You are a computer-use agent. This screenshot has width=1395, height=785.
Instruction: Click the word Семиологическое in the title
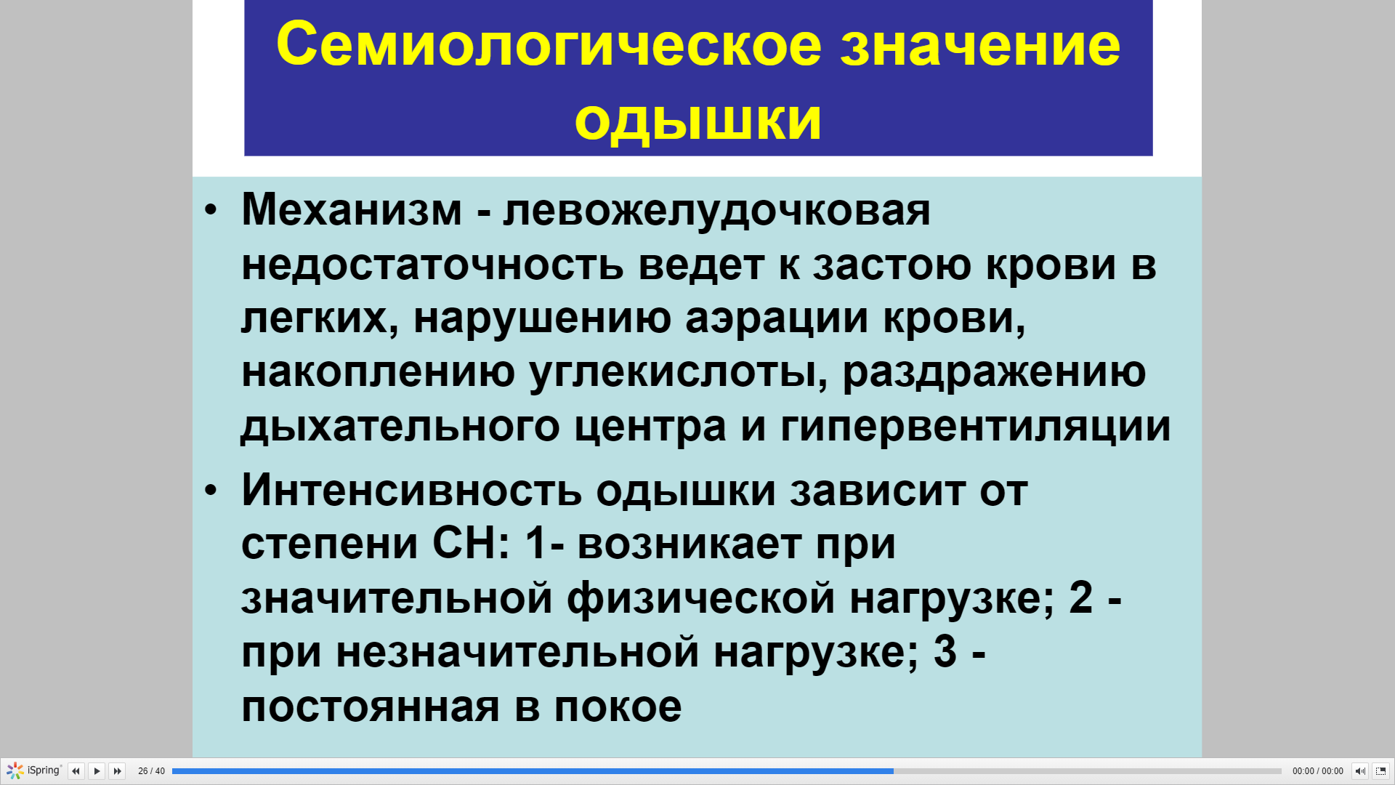pyautogui.click(x=549, y=45)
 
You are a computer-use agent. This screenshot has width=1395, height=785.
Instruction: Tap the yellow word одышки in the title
pyautogui.click(x=697, y=120)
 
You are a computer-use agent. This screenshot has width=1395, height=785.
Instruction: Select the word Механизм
pyautogui.click(x=352, y=210)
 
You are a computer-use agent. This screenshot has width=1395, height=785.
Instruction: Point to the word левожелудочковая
pyautogui.click(x=716, y=212)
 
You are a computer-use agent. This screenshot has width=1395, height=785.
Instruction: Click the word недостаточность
pyautogui.click(x=432, y=265)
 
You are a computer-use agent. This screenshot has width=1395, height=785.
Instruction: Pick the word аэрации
pyautogui.click(x=777, y=319)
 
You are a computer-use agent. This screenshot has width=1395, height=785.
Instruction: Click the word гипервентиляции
pyautogui.click(x=975, y=427)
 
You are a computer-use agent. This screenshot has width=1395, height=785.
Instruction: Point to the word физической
pyautogui.click(x=701, y=598)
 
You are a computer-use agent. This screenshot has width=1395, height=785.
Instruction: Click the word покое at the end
pyautogui.click(x=618, y=707)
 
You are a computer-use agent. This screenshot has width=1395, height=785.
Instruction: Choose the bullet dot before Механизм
pyautogui.click(x=211, y=210)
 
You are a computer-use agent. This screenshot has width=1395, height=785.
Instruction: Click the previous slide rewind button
pyautogui.click(x=76, y=771)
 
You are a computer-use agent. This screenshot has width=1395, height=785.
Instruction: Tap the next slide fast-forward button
pyautogui.click(x=117, y=771)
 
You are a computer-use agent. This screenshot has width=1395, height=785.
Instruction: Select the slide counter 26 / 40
pyautogui.click(x=151, y=771)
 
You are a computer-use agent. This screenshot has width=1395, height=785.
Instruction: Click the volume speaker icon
pyautogui.click(x=1360, y=771)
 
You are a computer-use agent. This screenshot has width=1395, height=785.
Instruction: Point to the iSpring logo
pyautogui.click(x=34, y=770)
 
